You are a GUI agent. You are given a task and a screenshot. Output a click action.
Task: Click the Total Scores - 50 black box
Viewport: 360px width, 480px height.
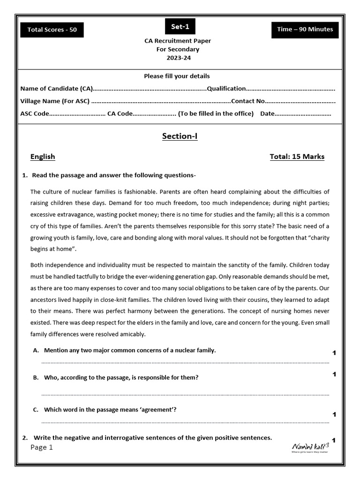coord(52,30)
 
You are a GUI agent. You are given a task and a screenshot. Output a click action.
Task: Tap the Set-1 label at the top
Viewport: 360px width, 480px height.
coord(180,26)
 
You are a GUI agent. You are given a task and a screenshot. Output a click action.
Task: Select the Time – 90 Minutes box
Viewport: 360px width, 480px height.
coord(305,29)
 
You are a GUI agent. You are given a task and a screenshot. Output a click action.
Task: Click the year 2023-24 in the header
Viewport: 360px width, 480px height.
coord(178,58)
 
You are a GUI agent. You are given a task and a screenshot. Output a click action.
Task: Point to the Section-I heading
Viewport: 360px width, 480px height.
coord(180,136)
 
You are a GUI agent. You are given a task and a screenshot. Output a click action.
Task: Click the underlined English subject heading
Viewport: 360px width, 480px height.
coord(43,157)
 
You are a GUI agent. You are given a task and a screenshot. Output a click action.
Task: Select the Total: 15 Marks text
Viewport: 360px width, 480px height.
coord(297,157)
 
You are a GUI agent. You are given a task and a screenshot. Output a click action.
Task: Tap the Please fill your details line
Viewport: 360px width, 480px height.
coord(177,76)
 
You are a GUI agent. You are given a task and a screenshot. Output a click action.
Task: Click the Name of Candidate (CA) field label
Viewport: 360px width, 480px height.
coord(56,89)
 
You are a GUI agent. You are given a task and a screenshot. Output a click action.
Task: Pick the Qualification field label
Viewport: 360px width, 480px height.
coord(226,89)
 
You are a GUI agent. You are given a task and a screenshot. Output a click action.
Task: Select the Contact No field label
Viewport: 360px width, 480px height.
coord(248,101)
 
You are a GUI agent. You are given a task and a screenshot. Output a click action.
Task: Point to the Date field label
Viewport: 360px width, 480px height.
coord(267,113)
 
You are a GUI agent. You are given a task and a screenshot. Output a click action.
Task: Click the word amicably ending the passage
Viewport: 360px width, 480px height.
coord(132,334)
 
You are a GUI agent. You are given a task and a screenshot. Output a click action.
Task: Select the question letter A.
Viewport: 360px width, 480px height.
coord(36,350)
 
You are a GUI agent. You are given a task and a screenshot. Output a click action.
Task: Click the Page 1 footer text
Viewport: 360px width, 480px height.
coord(42,447)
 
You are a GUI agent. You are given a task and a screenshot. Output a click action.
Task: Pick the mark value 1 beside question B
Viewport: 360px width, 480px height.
coord(334,375)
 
